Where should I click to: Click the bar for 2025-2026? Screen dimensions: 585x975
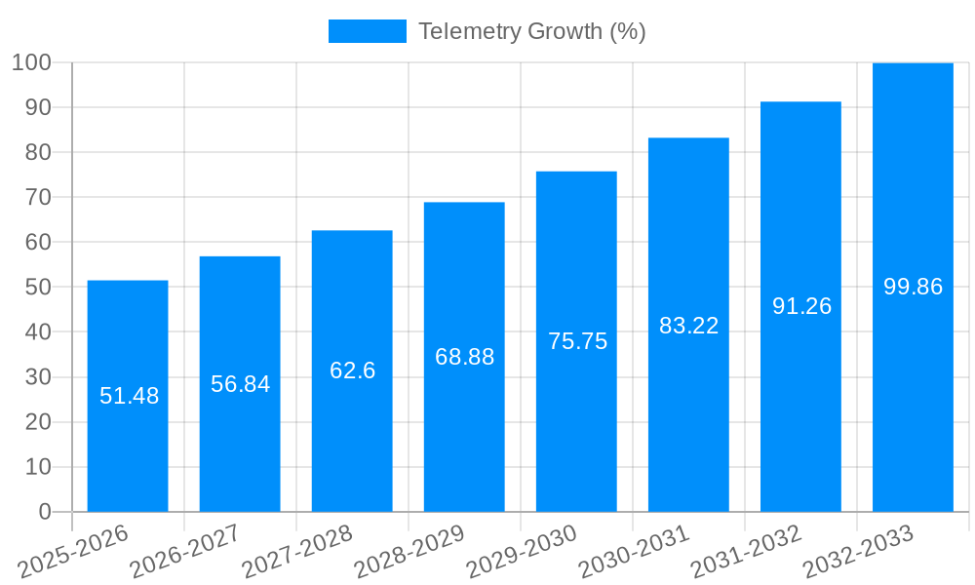coord(128,396)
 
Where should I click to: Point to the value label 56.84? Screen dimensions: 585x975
coord(240,384)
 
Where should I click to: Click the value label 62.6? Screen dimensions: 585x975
coord(352,370)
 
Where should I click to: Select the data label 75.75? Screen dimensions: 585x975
coord(577,341)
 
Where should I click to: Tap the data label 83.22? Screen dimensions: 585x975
coord(688,326)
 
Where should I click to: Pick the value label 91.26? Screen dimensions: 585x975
coord(801,306)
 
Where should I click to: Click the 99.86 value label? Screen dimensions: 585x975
coord(913,287)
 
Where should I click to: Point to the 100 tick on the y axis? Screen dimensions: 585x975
coord(31,62)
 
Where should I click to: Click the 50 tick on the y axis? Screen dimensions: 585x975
coord(38,288)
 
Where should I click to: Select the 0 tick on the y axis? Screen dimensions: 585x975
coord(44,512)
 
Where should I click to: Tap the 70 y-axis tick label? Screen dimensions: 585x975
coord(38,197)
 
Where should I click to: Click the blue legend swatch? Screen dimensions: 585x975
coord(367,31)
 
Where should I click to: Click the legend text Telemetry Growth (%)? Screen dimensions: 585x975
coord(531,31)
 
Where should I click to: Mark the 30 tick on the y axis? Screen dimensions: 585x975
coord(38,377)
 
